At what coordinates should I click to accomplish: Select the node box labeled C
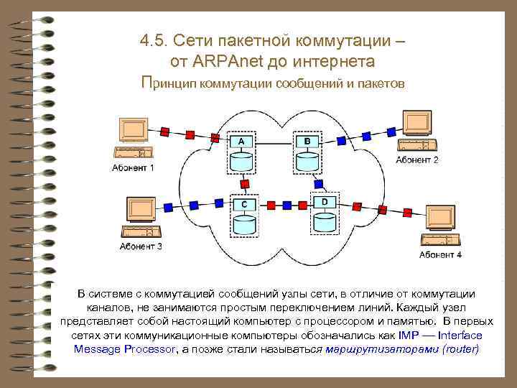(245, 204)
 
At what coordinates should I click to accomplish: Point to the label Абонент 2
(416, 160)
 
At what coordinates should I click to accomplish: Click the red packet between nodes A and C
(245, 184)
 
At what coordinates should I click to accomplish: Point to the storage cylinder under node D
(324, 221)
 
